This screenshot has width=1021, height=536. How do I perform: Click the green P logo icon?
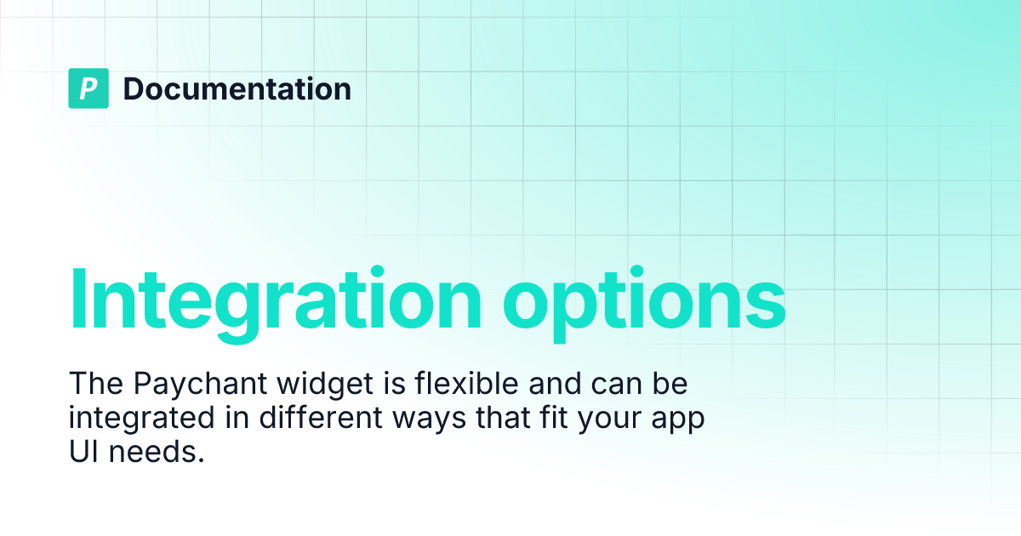click(88, 88)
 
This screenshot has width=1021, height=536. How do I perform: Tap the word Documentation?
click(237, 88)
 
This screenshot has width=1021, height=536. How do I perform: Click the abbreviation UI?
click(83, 453)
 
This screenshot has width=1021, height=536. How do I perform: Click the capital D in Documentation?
click(134, 88)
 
